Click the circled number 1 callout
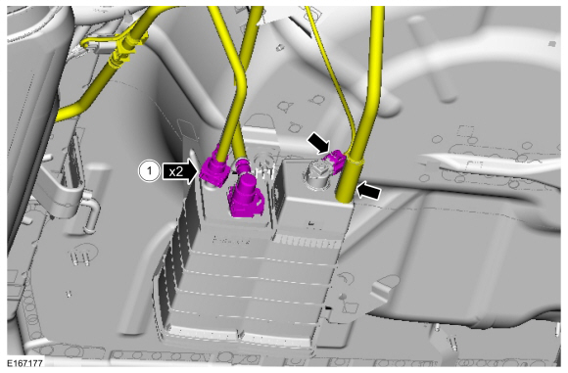point(149,171)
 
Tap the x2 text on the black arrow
point(175,171)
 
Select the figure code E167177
point(25,363)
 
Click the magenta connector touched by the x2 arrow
point(214,169)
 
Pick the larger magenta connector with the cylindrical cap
point(245,196)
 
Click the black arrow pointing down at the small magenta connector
point(318,142)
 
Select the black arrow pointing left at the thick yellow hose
point(369,191)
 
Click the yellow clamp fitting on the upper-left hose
point(122,50)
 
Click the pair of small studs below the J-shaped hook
point(81,257)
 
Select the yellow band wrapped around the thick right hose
point(354,160)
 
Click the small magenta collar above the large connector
point(241,165)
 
